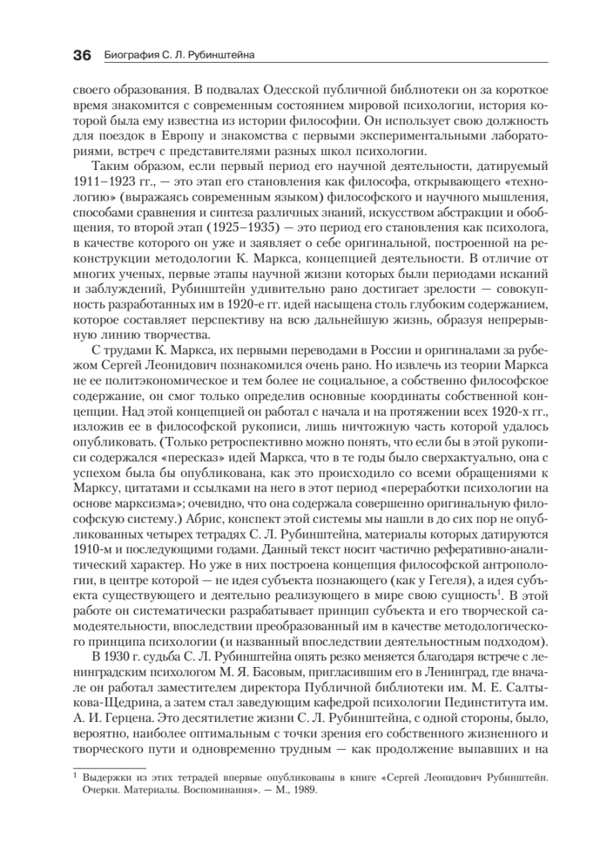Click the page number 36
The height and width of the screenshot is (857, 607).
click(x=83, y=55)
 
